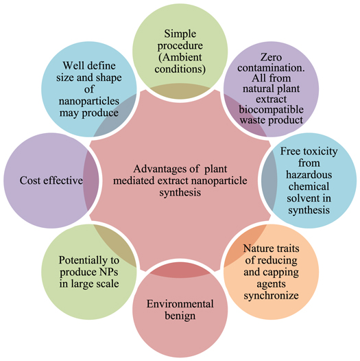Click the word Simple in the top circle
tap(180, 34)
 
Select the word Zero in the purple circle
tap(271, 57)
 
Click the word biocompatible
tap(272, 110)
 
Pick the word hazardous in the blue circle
tap(309, 175)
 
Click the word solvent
tap(300, 198)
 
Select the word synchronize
tap(272, 296)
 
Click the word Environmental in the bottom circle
tap(180, 304)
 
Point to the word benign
tap(180, 316)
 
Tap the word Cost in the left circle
tap(30, 180)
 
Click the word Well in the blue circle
tap(71, 66)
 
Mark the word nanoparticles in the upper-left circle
tap(89, 102)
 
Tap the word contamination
tap(272, 68)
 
